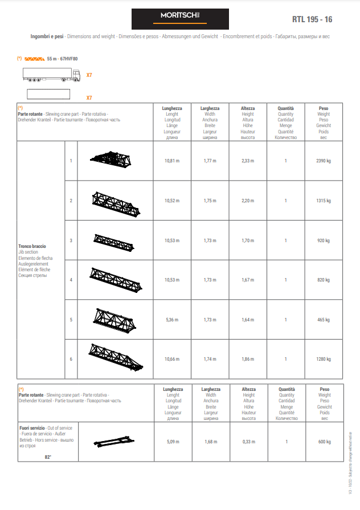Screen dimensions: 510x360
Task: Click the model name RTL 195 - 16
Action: (x=312, y=19)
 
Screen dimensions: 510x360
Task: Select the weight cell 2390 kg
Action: (x=324, y=161)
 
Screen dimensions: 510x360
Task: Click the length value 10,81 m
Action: (x=171, y=161)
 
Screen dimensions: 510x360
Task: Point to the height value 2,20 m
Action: (x=248, y=201)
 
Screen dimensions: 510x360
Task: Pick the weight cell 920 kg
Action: (x=324, y=240)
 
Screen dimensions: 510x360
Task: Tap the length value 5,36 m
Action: (x=171, y=320)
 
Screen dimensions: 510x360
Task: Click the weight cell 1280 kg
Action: (x=324, y=359)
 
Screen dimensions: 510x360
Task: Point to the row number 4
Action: (x=71, y=280)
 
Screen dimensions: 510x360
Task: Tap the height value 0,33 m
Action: (x=248, y=442)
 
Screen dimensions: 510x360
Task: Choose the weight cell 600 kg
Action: (x=324, y=442)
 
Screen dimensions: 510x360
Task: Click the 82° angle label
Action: (x=48, y=457)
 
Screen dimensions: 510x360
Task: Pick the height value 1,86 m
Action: (x=248, y=359)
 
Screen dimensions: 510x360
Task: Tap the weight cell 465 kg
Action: (x=324, y=320)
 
